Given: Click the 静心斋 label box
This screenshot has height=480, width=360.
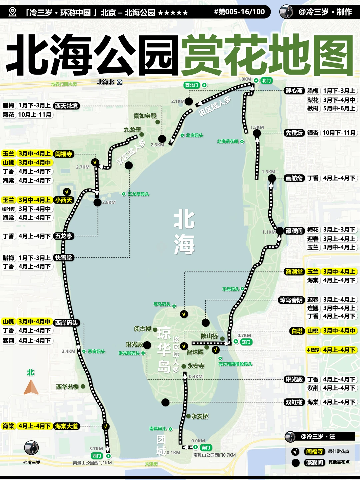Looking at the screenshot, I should click(x=294, y=91).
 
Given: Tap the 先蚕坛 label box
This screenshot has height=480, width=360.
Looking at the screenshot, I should click(x=294, y=133).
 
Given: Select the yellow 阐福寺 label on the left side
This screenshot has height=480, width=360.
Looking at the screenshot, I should click(x=63, y=154).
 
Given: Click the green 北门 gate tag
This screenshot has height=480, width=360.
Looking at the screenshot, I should click(x=266, y=81).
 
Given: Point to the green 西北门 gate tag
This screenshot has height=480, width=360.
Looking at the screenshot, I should click(x=192, y=85).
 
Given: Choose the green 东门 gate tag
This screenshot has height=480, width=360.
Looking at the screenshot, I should click(x=246, y=342).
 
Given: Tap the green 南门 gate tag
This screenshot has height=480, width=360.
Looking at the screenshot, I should click(x=206, y=447).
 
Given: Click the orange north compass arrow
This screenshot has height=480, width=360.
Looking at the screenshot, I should click(x=31, y=387).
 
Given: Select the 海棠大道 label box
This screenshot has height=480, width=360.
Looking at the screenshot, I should click(x=66, y=426).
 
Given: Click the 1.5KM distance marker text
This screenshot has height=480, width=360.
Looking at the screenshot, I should click(x=257, y=127).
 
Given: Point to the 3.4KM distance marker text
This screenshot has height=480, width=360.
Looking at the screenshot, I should click(x=68, y=351).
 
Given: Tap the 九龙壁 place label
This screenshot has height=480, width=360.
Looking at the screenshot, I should click(x=132, y=130).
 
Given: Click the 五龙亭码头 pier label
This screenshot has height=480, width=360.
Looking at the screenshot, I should click(x=139, y=194).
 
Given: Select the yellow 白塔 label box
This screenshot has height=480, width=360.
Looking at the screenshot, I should click(x=297, y=331).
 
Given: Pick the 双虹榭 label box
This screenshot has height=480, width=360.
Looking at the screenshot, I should click(x=294, y=402).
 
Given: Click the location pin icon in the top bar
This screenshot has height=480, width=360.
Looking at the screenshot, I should click(x=12, y=12).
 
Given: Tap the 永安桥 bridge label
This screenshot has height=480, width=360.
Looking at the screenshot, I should click(x=200, y=416).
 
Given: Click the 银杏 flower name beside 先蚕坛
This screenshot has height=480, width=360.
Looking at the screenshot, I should click(x=313, y=133).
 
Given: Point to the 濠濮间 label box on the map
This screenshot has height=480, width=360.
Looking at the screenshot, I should click(x=294, y=231).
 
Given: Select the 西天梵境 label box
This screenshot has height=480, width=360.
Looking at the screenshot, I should click(x=66, y=106).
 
